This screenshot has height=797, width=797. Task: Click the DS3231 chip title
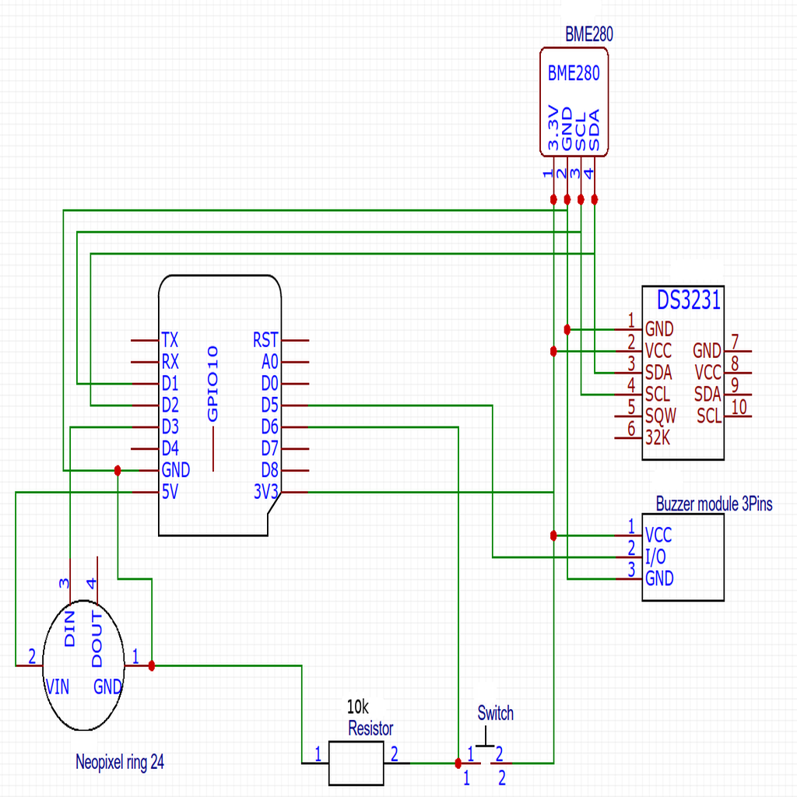tap(689, 300)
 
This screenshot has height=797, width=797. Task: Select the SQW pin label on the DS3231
tap(661, 415)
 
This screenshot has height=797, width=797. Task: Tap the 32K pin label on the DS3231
tap(658, 437)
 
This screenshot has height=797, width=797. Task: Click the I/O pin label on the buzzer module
tap(656, 556)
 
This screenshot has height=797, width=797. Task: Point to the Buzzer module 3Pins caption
tap(714, 504)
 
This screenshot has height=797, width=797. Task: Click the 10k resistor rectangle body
tap(356, 763)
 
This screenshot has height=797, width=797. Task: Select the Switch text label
tap(495, 713)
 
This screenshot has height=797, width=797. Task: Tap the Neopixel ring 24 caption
tap(120, 763)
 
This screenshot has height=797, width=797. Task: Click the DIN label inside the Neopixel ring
tap(69, 629)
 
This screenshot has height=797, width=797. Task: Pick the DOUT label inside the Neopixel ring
tap(97, 639)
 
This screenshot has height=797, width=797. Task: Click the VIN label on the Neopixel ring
tap(58, 686)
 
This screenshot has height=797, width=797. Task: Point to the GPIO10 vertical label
tap(213, 385)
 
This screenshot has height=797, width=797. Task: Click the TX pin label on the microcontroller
tap(169, 340)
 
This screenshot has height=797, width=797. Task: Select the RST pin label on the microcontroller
tap(265, 340)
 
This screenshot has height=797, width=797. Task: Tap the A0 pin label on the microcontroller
tap(269, 362)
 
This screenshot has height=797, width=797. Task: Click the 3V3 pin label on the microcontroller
tap(265, 492)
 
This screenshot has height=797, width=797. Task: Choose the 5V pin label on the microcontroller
tap(170, 492)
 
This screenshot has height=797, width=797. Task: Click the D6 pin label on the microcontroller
tap(269, 427)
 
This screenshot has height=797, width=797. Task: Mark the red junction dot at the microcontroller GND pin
tap(118, 470)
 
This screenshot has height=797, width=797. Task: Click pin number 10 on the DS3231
tap(739, 406)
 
